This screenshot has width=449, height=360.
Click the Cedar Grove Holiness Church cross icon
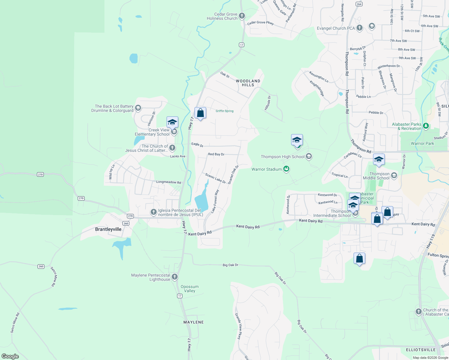pos(242,16)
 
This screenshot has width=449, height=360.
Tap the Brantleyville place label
pos(108,229)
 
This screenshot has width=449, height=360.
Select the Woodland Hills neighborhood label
pos(248,83)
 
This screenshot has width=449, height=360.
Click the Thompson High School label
pos(282,157)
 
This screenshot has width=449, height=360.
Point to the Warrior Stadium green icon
pos(286,169)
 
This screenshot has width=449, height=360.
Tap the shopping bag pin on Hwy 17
pos(200,113)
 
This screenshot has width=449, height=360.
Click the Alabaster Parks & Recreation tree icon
pos(426,126)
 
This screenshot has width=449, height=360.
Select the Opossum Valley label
pos(189,289)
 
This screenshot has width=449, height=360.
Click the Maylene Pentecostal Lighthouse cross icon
pos(175,277)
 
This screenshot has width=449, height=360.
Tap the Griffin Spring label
pos(224,111)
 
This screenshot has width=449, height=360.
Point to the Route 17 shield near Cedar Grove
pos(242,45)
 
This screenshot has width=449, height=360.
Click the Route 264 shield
pos(359,4)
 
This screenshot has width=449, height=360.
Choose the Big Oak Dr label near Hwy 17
pos(230,265)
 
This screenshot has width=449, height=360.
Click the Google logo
pos(10,356)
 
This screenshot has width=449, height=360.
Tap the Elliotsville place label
pos(420,350)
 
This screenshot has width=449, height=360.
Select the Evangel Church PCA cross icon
pos(360,28)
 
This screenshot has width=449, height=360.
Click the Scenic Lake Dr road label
pos(215,178)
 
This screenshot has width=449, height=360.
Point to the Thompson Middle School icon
pos(394,175)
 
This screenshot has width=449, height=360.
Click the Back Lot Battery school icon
pos(138,108)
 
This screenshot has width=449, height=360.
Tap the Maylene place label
pos(193,322)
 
